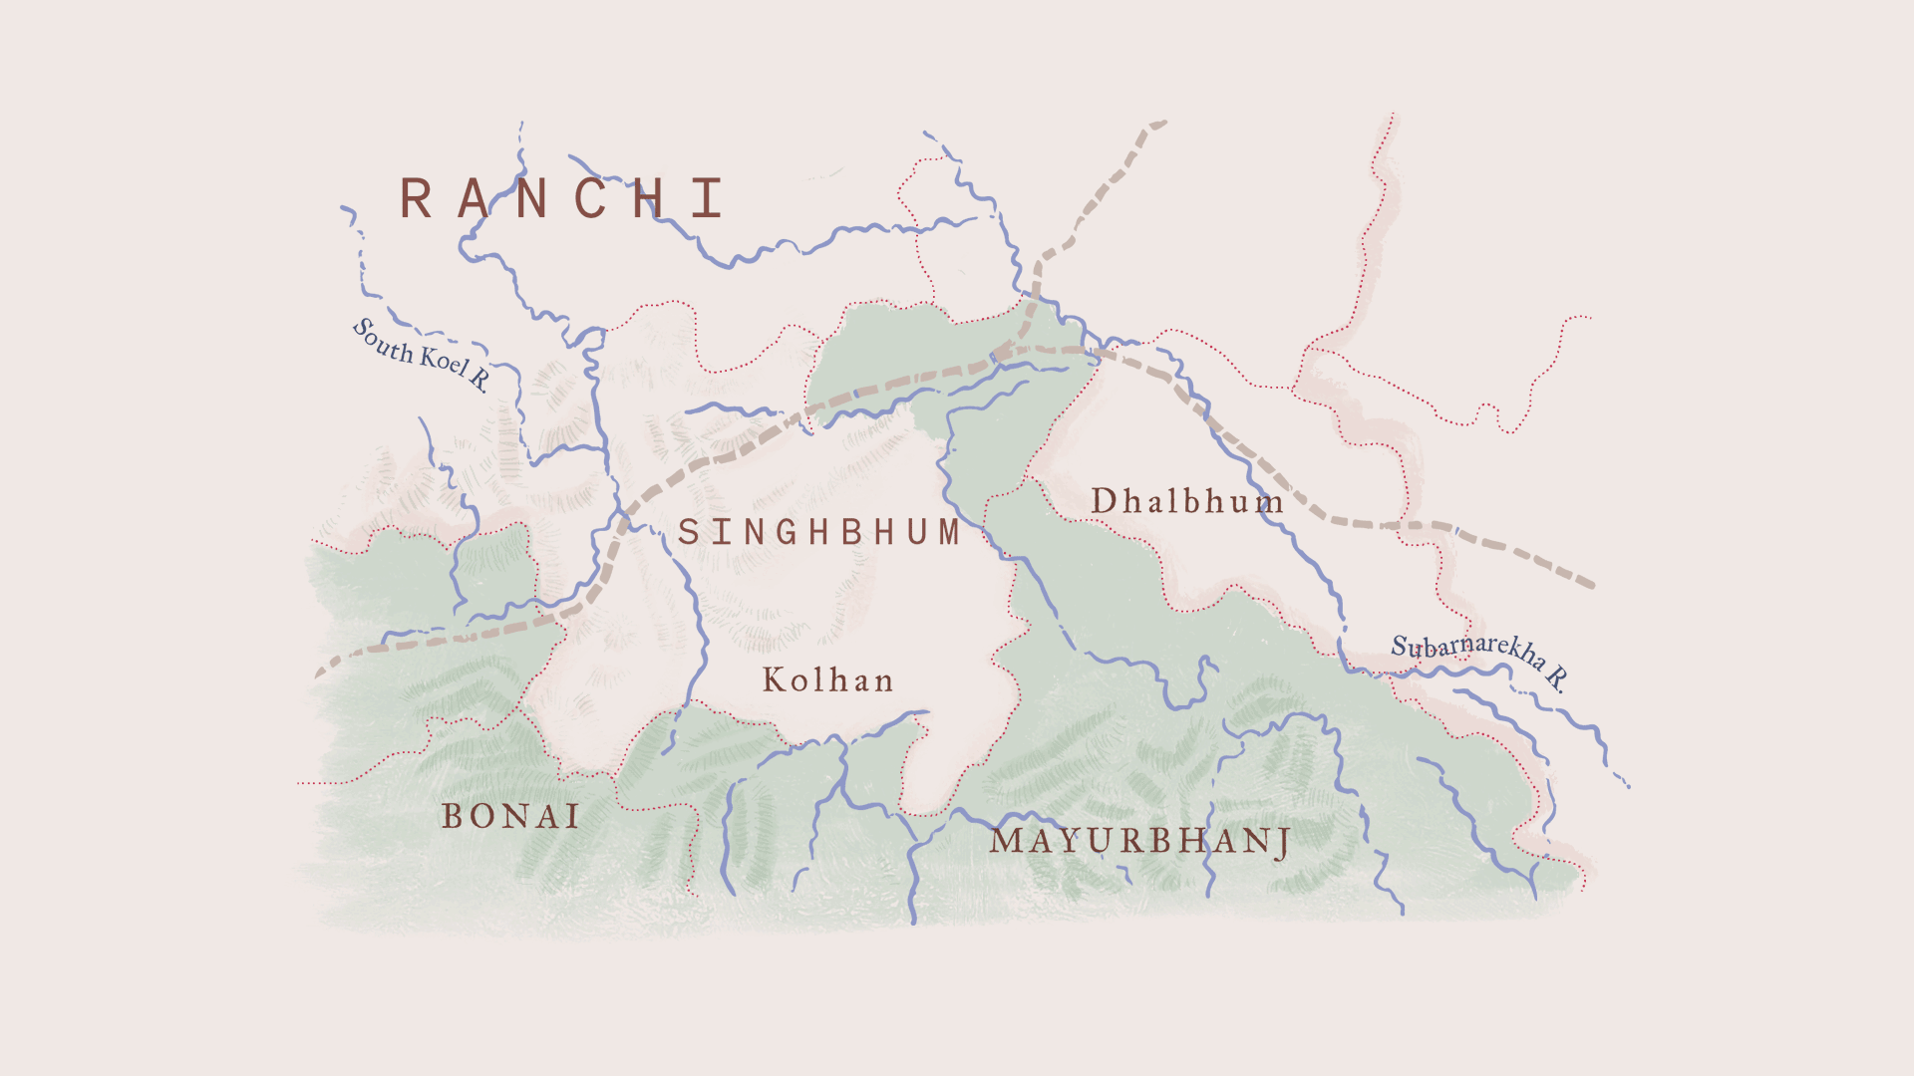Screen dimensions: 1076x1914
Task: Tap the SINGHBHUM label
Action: pos(818,532)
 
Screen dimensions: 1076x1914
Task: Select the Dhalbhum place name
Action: pos(1186,501)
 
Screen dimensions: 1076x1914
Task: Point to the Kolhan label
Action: pos(828,680)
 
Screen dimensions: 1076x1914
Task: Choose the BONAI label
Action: pos(511,817)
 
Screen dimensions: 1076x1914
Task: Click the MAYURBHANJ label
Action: pos(1140,841)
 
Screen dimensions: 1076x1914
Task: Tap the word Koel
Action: pos(443,359)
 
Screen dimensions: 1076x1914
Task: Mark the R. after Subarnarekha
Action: pos(1556,678)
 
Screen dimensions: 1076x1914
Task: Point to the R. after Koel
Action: pos(479,379)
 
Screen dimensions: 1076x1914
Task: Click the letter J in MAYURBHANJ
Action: pos(1283,843)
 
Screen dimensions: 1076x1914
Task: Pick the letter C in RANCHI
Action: pos(591,198)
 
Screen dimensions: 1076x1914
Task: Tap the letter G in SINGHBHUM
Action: pos(787,532)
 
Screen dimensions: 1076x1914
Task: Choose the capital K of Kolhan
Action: pos(776,680)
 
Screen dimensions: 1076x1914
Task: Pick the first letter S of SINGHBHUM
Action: pos(688,532)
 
